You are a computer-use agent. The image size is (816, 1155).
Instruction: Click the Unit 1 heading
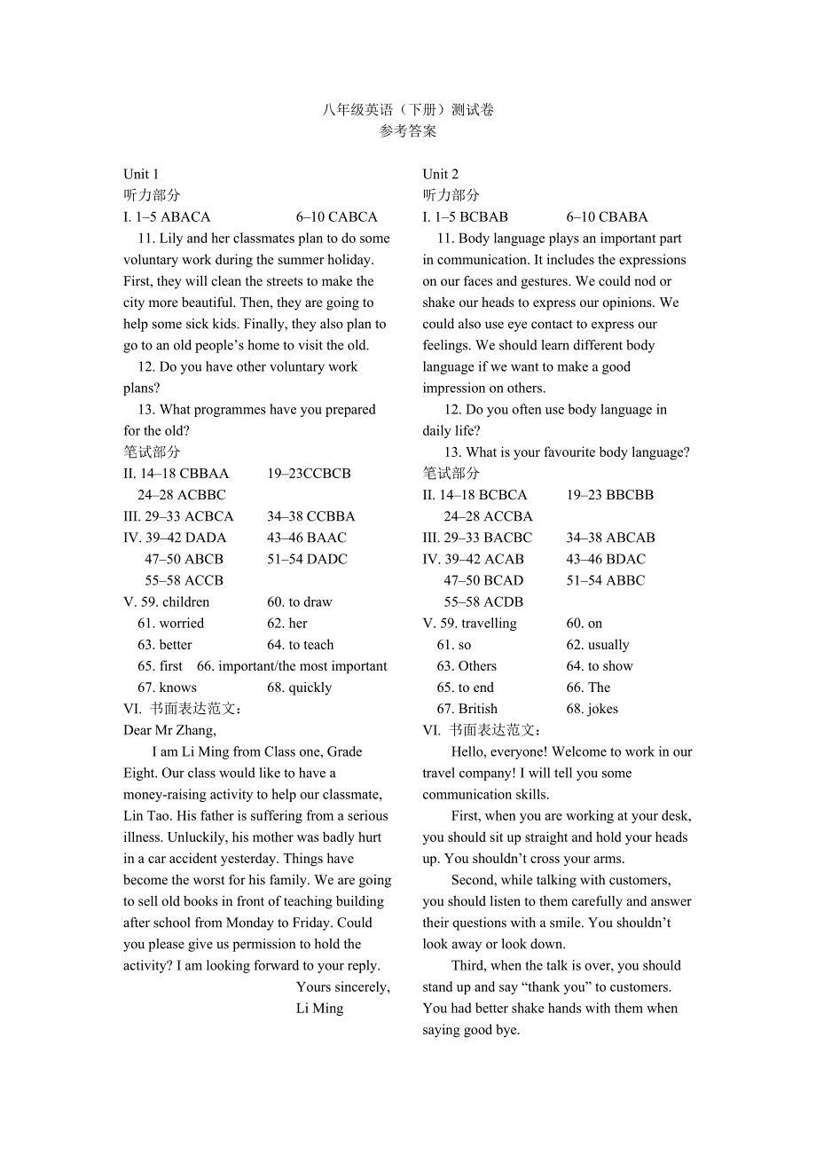click(x=141, y=174)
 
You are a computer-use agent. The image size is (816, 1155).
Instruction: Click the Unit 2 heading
click(x=441, y=174)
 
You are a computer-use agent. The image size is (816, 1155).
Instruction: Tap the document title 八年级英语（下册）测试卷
click(x=408, y=110)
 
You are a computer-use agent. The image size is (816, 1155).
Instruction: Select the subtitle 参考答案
click(x=408, y=131)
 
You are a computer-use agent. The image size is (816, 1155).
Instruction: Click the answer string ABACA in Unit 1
click(x=186, y=217)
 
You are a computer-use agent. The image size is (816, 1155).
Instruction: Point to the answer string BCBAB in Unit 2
click(x=484, y=217)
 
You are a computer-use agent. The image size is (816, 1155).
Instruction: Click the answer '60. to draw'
click(x=300, y=602)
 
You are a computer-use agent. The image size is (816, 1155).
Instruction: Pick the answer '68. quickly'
click(x=300, y=687)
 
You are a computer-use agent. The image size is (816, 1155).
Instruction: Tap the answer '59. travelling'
click(x=478, y=624)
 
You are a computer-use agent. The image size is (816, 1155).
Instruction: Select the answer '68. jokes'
click(x=592, y=709)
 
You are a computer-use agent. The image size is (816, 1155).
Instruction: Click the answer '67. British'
click(x=467, y=709)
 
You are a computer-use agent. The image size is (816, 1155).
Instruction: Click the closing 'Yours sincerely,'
click(x=343, y=986)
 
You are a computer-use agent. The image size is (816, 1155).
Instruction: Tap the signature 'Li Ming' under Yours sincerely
click(x=319, y=1009)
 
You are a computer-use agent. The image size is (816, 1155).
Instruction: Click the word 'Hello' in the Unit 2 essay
click(x=467, y=752)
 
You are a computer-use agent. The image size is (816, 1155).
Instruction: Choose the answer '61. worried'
click(x=170, y=624)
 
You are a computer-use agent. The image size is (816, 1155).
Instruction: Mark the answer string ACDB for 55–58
click(x=504, y=602)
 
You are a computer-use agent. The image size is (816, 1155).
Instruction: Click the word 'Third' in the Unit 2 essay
click(x=467, y=965)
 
